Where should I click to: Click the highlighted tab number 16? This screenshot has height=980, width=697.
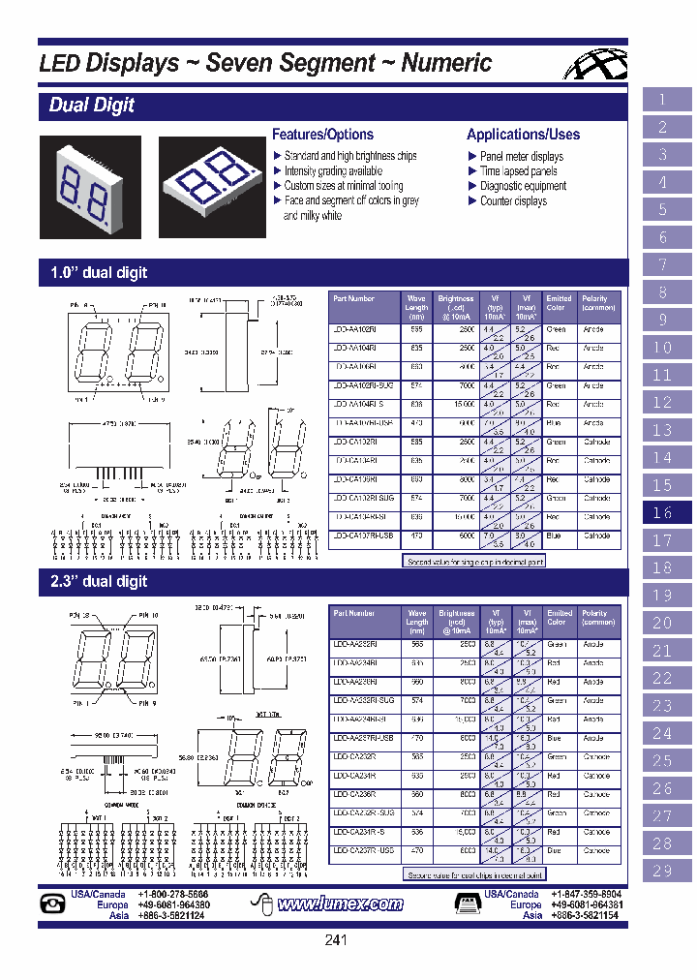(663, 513)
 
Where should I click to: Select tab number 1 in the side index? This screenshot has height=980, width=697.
(663, 100)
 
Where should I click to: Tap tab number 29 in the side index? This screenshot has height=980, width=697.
(663, 871)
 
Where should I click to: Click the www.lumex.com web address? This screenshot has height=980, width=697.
(340, 904)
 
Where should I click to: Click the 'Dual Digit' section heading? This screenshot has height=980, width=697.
(92, 106)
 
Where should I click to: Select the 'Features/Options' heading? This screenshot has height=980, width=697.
(322, 135)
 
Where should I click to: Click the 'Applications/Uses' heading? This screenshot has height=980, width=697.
(523, 135)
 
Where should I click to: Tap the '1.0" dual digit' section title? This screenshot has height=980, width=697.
(99, 273)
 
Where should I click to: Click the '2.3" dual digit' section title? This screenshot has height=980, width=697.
(99, 581)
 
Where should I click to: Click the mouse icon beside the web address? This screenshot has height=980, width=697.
(258, 904)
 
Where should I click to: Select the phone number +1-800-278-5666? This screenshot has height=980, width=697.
(173, 895)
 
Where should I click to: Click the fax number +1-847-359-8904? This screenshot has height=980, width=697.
(587, 895)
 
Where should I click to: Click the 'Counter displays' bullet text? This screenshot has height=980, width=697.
(513, 201)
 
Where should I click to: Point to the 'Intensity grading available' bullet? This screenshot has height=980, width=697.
(333, 171)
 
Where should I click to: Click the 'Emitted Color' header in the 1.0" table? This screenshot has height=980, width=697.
(559, 304)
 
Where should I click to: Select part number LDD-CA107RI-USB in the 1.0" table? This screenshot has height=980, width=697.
(363, 536)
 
